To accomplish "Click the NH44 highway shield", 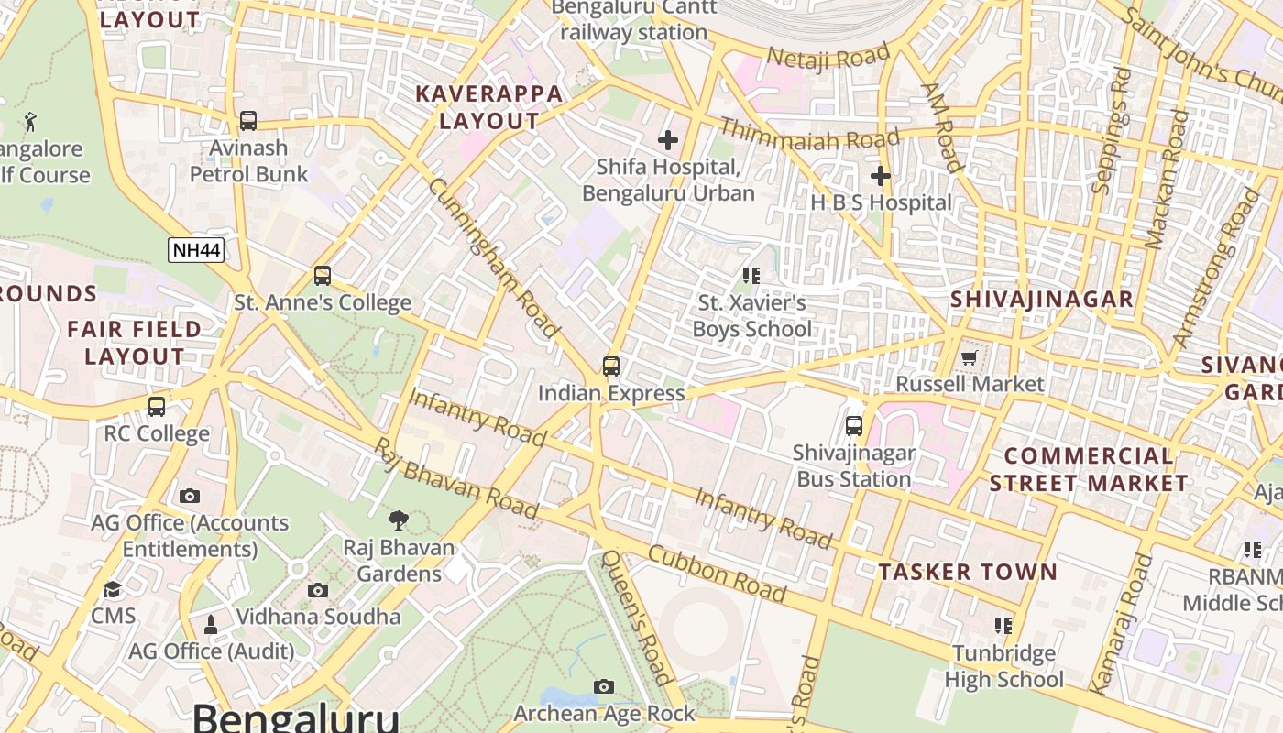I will [196, 250].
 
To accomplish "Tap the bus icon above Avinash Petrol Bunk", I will [248, 121].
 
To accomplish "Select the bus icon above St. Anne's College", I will [322, 276].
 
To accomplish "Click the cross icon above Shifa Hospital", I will [668, 140].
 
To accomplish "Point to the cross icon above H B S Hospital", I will [881, 175].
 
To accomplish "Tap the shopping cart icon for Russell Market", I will [970, 356].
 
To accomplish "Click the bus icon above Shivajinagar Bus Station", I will [854, 425].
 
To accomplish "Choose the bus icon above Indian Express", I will [611, 366].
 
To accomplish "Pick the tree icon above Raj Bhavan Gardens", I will [398, 520].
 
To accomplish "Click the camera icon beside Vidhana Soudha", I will [318, 590].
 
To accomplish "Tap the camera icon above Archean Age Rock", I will [603, 686].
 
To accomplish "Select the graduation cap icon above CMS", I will [113, 589].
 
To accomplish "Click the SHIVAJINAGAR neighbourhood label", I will [1042, 300].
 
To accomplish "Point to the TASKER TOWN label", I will [968, 573].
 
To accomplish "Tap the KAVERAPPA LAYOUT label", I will [488, 107].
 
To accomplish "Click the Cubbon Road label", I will [717, 574].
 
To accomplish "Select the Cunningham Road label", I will [494, 257].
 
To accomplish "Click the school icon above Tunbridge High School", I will [1003, 626].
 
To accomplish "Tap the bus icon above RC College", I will [157, 406].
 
